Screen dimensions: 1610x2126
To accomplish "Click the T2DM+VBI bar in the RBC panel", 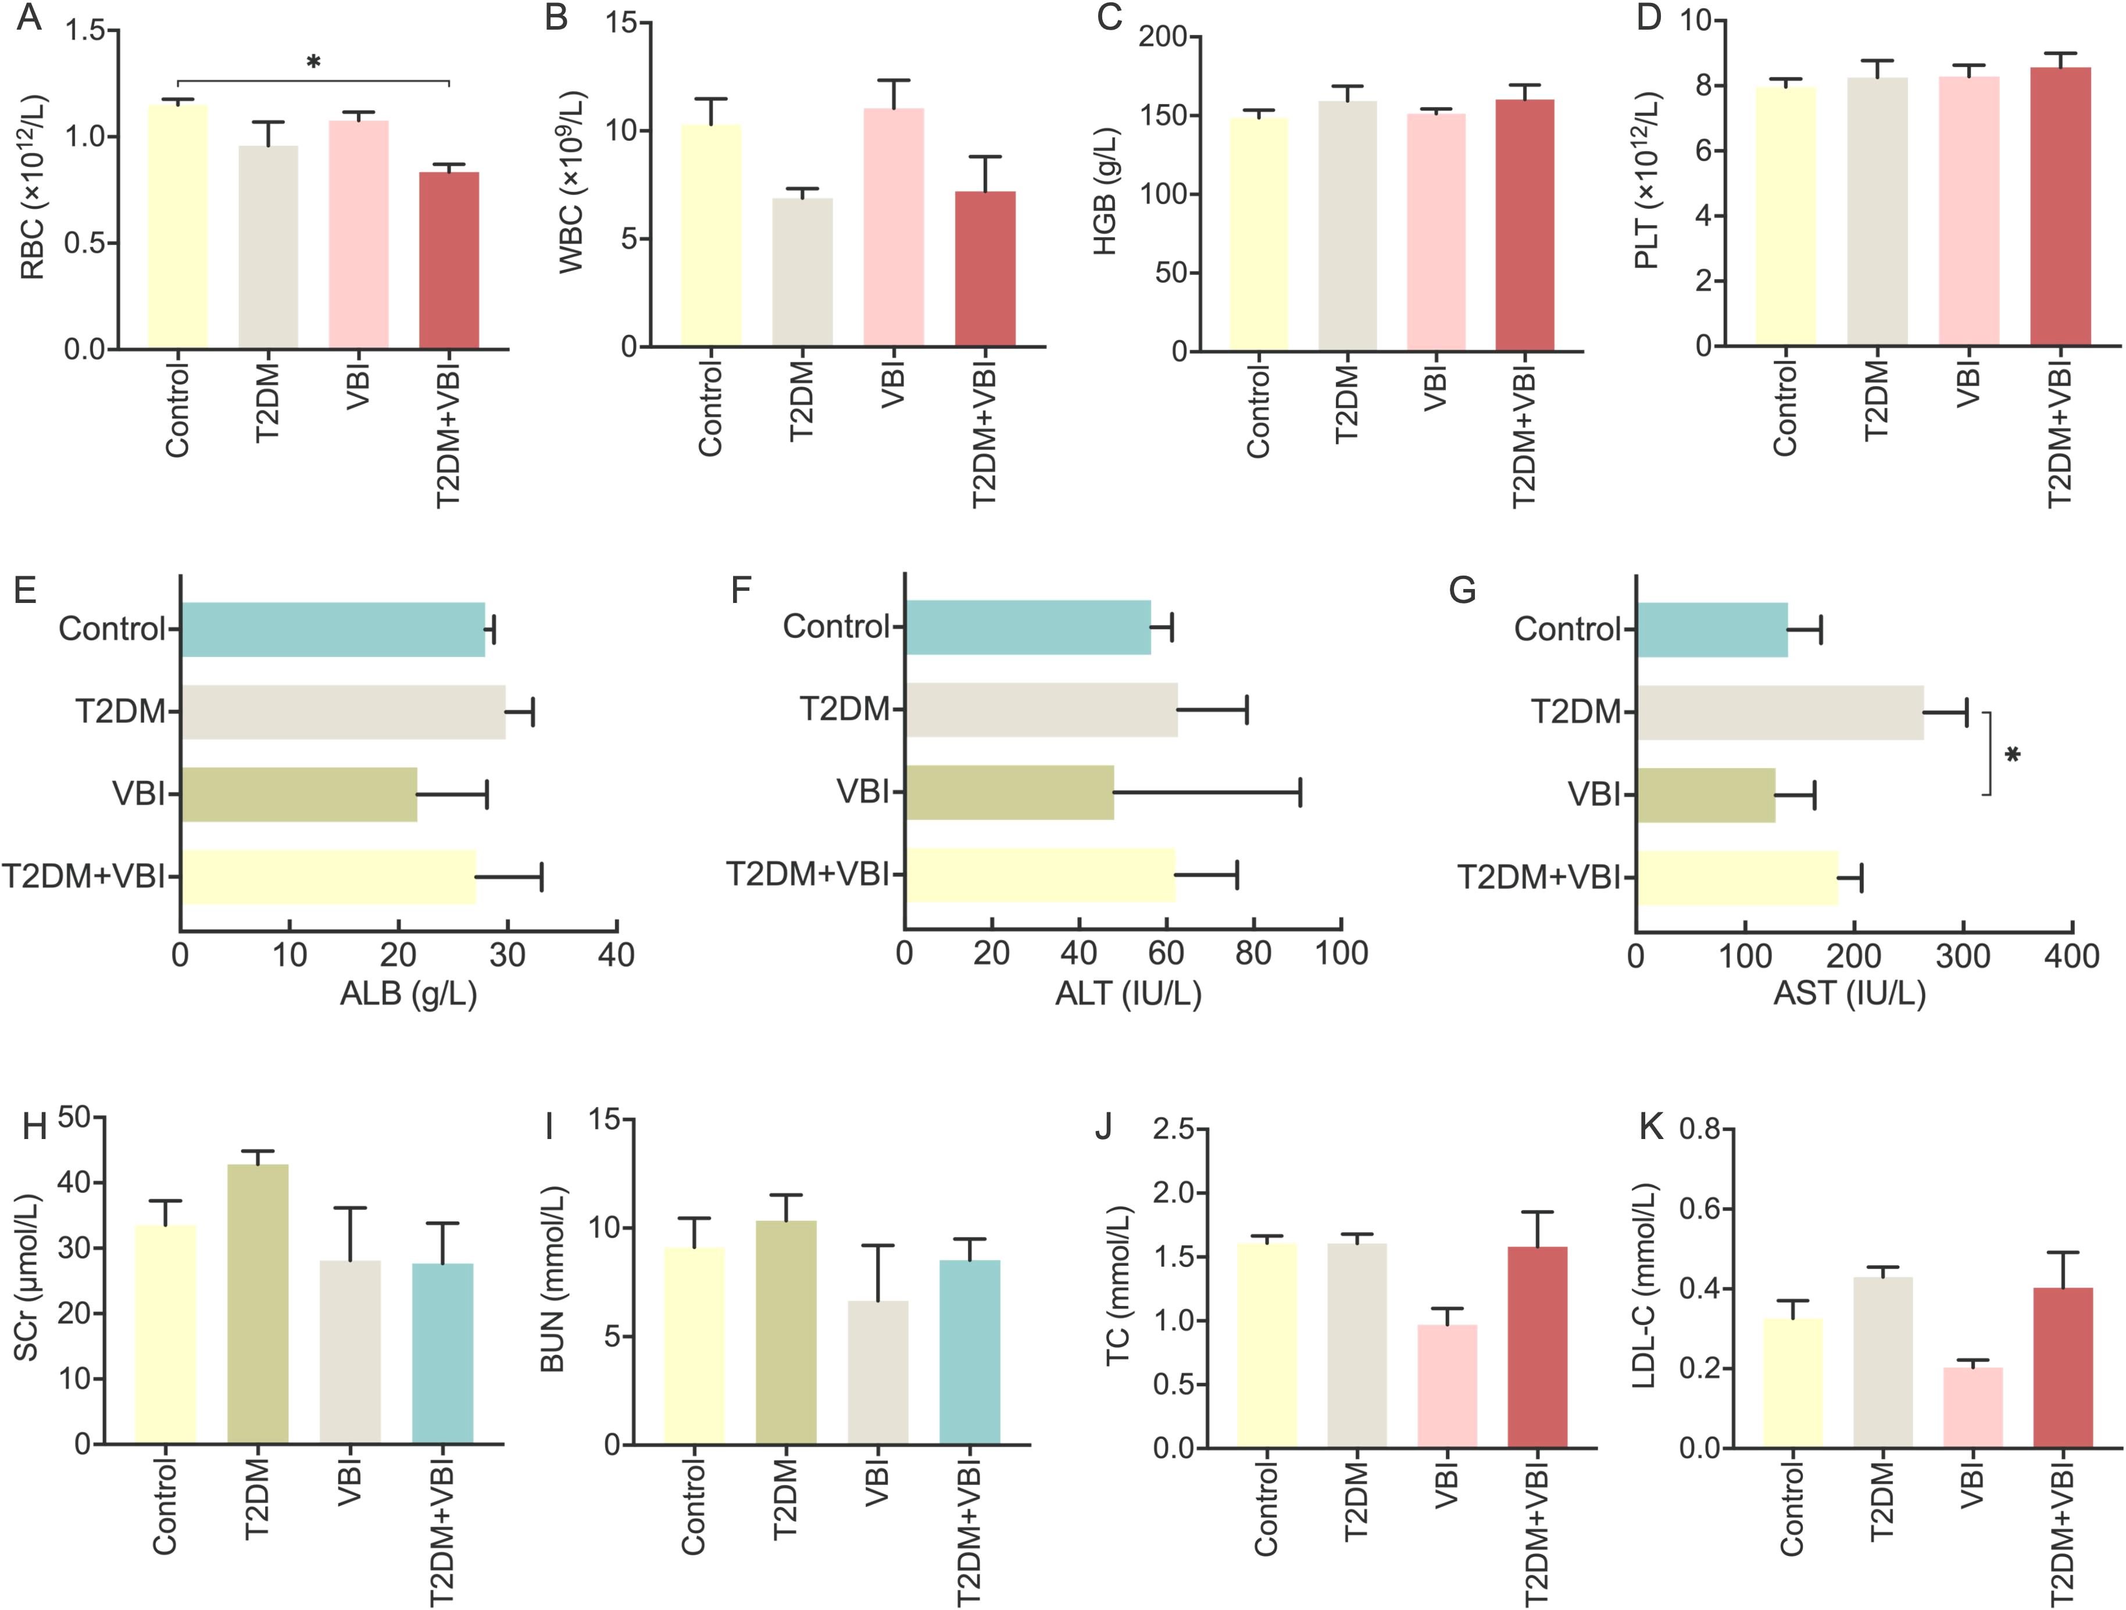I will (x=449, y=259).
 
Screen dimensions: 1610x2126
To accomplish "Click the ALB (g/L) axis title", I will (x=409, y=993).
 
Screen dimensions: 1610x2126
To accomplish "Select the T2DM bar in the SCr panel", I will (x=258, y=1304).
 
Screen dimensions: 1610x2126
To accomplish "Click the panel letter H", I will (x=35, y=1126).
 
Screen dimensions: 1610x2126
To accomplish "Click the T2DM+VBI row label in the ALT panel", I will (x=807, y=874).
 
